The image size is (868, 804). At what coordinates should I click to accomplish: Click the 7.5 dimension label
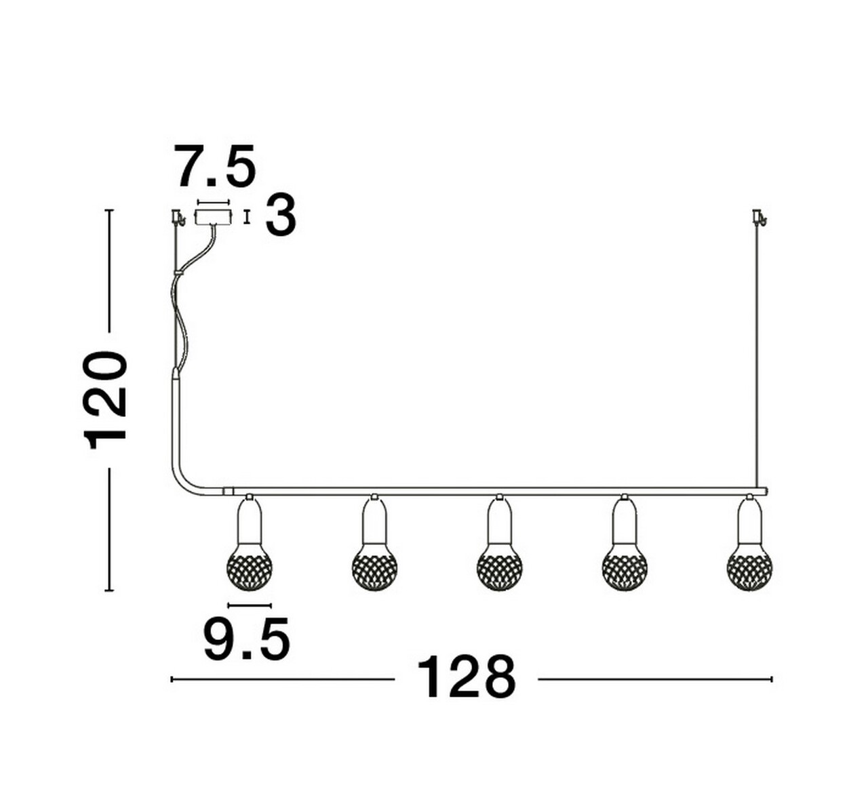point(216,167)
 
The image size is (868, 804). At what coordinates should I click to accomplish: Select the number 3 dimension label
point(280,216)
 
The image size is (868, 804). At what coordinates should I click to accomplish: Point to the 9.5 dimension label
point(247,639)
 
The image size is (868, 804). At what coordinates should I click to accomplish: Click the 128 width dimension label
point(466,677)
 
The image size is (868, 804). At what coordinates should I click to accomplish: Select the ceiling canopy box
point(212,217)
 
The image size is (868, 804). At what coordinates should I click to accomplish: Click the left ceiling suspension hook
point(178,217)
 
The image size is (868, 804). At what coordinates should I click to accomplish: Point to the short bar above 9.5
point(250,605)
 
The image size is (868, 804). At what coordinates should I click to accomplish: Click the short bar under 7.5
point(213,201)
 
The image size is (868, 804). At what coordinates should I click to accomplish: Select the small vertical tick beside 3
point(247,217)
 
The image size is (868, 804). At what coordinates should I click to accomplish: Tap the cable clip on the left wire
point(178,272)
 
